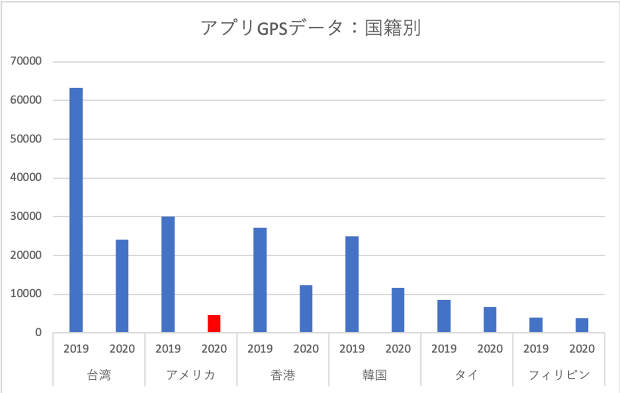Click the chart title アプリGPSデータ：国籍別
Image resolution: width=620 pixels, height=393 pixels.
(310, 28)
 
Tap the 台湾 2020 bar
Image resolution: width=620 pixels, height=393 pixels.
(122, 286)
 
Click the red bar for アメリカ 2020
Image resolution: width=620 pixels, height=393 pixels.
(214, 323)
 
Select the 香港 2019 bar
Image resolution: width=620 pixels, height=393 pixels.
(260, 280)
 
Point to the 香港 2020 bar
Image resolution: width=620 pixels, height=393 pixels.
(306, 309)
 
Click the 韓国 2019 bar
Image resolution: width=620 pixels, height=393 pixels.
(352, 284)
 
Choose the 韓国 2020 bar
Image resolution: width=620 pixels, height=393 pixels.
(398, 310)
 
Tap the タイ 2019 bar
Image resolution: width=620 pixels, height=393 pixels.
(444, 316)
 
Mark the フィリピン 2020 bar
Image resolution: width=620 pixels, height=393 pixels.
(582, 325)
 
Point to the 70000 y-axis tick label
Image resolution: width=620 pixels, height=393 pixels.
(26, 61)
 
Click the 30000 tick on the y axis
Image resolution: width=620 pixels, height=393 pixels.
(26, 216)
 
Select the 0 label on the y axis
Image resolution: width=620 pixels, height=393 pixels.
(38, 332)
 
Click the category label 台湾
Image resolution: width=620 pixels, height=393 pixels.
(99, 375)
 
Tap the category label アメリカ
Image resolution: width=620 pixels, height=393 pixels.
(191, 375)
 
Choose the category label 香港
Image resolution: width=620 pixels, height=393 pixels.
(283, 375)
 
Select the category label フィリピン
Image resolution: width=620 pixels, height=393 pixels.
(558, 375)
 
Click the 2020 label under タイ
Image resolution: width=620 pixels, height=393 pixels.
(490, 349)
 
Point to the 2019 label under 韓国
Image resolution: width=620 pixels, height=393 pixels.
(352, 349)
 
